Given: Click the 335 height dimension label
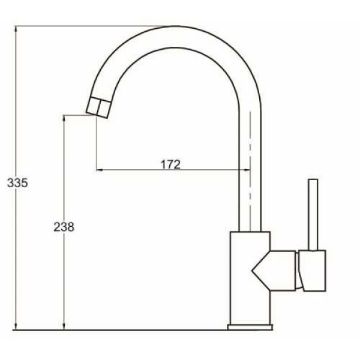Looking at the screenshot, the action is (x=17, y=183).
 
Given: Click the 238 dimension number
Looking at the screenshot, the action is (x=64, y=227).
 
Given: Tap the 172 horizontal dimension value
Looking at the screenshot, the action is (x=170, y=164).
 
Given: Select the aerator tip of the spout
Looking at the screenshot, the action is (x=99, y=107).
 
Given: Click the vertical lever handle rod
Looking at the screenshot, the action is (x=313, y=215).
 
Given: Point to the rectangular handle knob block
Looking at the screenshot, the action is (x=312, y=271).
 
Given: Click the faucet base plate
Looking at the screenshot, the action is (x=250, y=327).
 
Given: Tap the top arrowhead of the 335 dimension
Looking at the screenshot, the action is (x=16, y=29).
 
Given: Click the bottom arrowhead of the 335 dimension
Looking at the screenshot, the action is (x=16, y=327).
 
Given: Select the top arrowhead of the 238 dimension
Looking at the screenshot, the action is (x=64, y=118).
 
